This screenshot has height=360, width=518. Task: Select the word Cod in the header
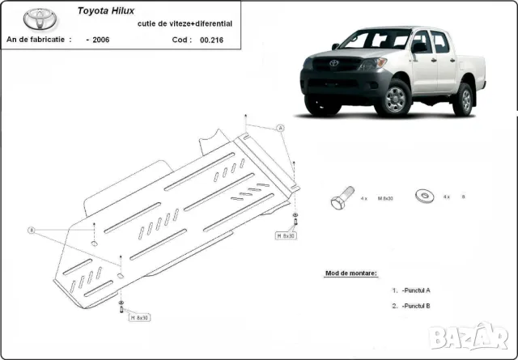180,40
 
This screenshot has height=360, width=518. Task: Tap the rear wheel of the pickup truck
463,99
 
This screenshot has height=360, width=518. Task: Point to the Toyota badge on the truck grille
333,63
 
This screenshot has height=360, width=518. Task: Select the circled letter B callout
32,231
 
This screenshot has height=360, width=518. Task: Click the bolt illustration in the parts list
342,198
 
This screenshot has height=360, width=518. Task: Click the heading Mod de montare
351,274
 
